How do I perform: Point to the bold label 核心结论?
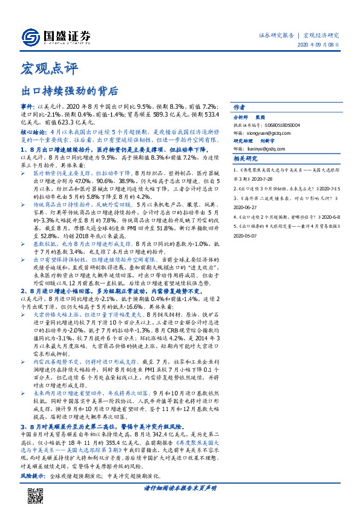[33, 131]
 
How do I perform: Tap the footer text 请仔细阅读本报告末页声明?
[180, 487]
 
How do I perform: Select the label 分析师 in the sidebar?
[241, 117]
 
